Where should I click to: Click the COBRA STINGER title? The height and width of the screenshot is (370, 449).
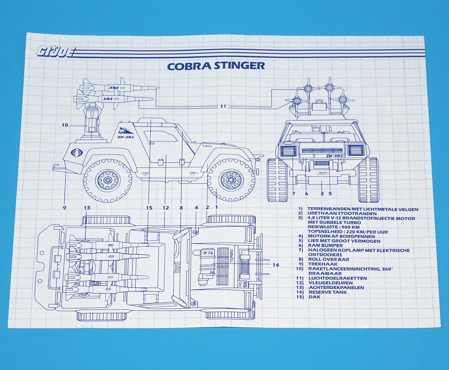click(x=216, y=66)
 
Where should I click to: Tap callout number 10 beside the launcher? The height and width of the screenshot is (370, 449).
click(x=65, y=125)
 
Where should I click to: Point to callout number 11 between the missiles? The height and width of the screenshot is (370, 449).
click(x=223, y=107)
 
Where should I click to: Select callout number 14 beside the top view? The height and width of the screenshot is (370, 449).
click(x=276, y=265)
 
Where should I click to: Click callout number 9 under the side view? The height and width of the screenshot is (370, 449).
click(x=64, y=208)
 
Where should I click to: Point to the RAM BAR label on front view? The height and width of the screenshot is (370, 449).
click(x=322, y=174)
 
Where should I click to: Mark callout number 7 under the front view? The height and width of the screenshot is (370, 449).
click(x=294, y=193)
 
